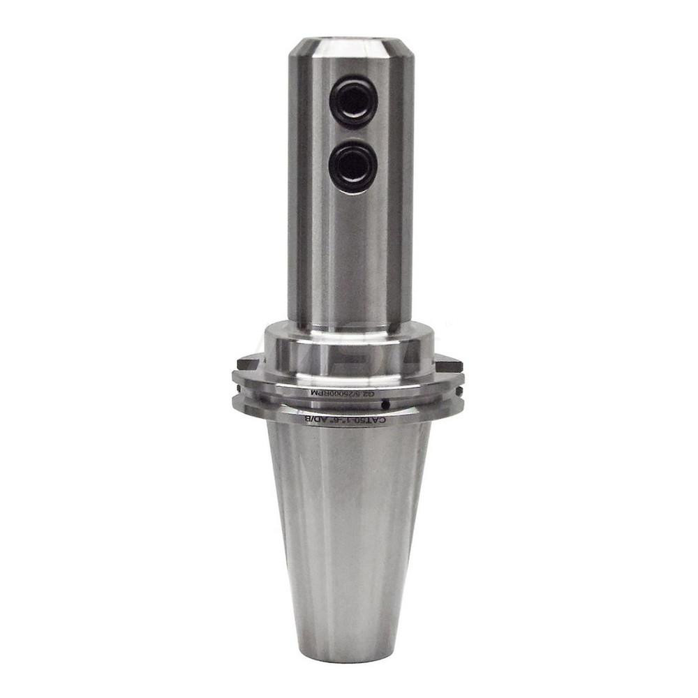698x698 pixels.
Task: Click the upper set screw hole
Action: coord(353,102)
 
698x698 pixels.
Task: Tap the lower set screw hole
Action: coord(353,166)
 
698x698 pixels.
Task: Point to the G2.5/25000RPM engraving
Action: coord(343,393)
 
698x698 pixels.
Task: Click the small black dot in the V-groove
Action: coord(384,406)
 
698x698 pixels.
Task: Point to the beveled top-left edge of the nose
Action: coord(297,49)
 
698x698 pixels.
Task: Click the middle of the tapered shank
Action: coord(348,537)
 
